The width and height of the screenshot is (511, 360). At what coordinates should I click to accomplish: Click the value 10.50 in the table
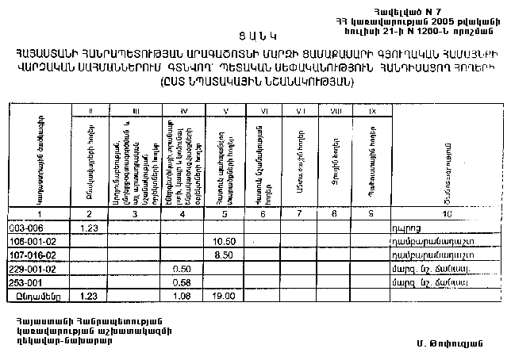226,241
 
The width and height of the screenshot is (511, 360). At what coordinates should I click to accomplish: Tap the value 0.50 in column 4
182,269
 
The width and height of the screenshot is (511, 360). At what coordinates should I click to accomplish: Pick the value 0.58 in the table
182,282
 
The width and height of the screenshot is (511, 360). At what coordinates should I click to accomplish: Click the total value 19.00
226,297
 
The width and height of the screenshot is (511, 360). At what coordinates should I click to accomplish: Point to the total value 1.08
182,297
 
